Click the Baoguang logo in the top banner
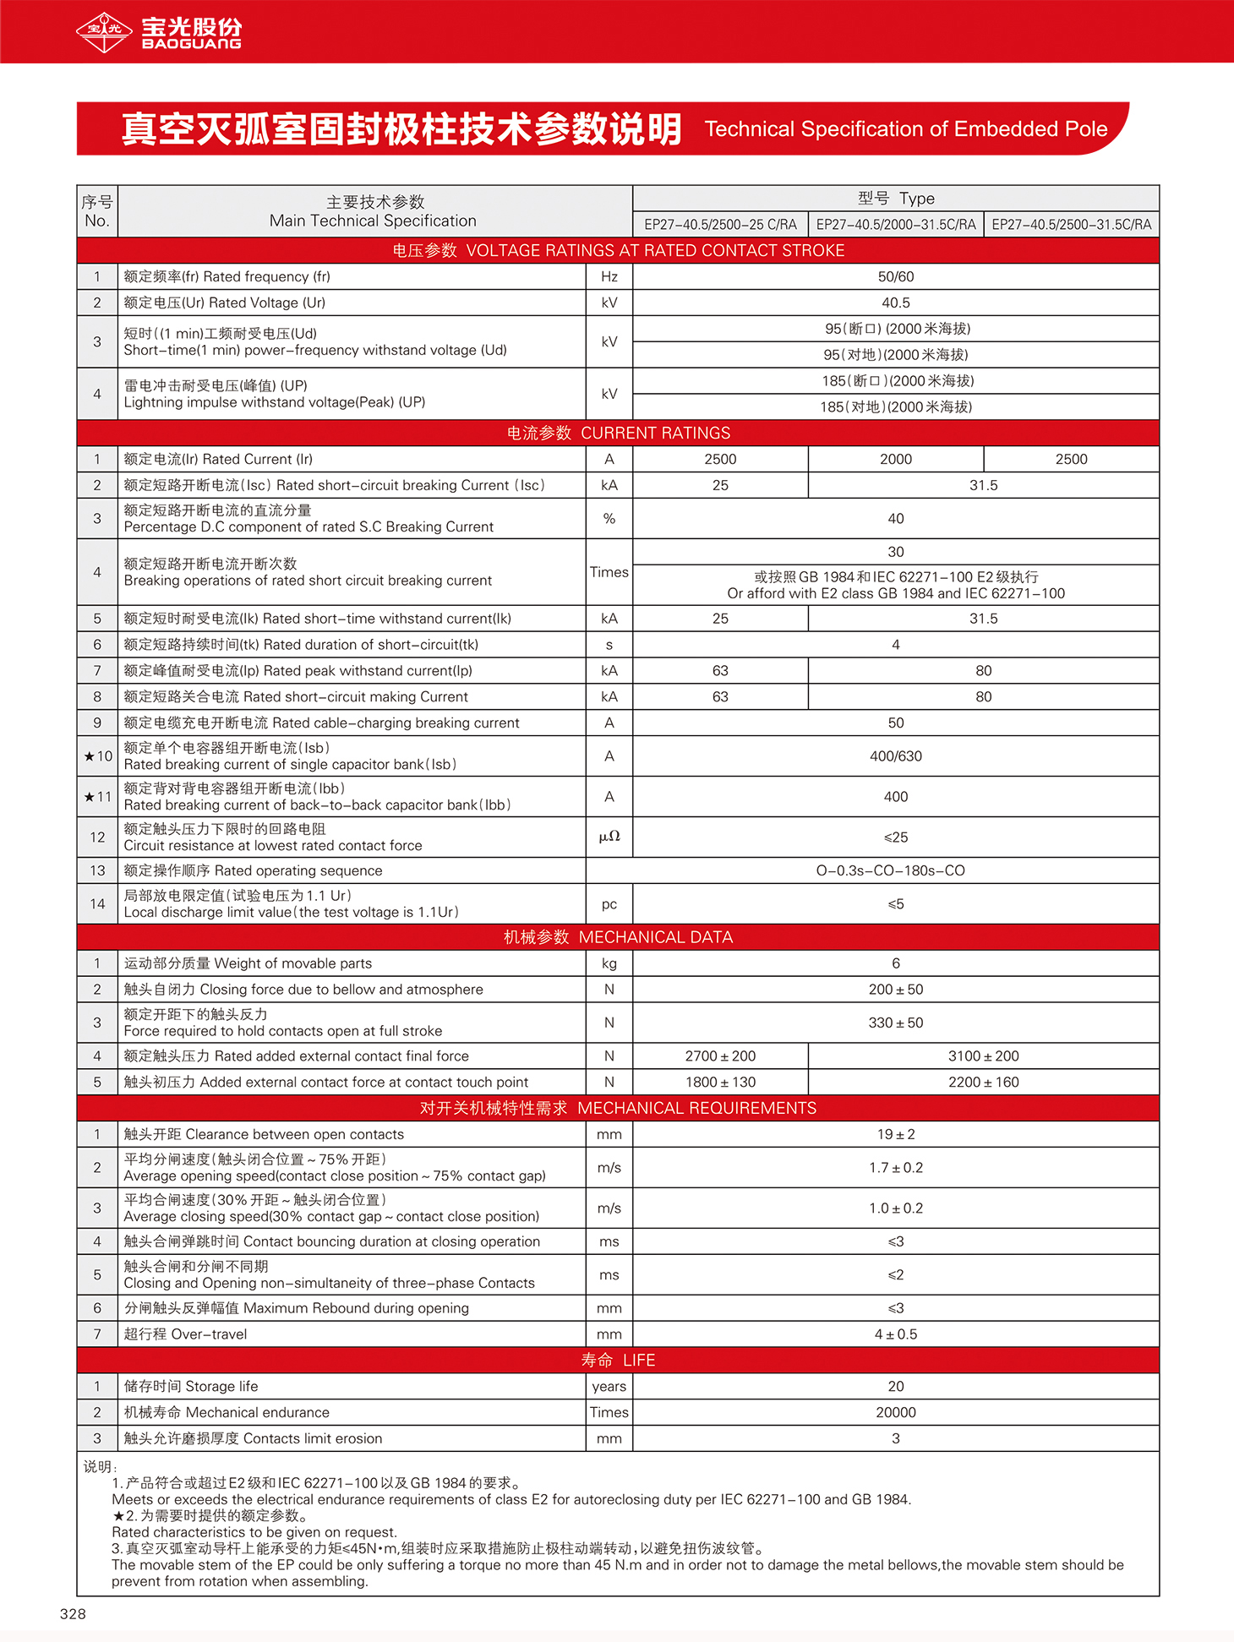coord(158,32)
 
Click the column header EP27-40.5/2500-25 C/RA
coord(720,225)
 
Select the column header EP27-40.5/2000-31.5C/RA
coord(896,225)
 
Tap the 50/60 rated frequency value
coord(896,277)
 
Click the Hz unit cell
coord(609,277)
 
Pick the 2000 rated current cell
coord(896,460)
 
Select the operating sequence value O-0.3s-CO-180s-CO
coord(890,871)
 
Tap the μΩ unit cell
coord(609,837)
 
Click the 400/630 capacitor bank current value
coord(896,756)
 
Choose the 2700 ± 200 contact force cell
coord(720,1056)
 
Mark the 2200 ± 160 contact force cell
coord(983,1083)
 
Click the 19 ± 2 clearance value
coord(896,1135)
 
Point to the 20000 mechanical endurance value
coord(896,1413)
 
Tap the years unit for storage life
coord(609,1387)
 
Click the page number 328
coord(73,1614)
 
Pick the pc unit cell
coord(609,904)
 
